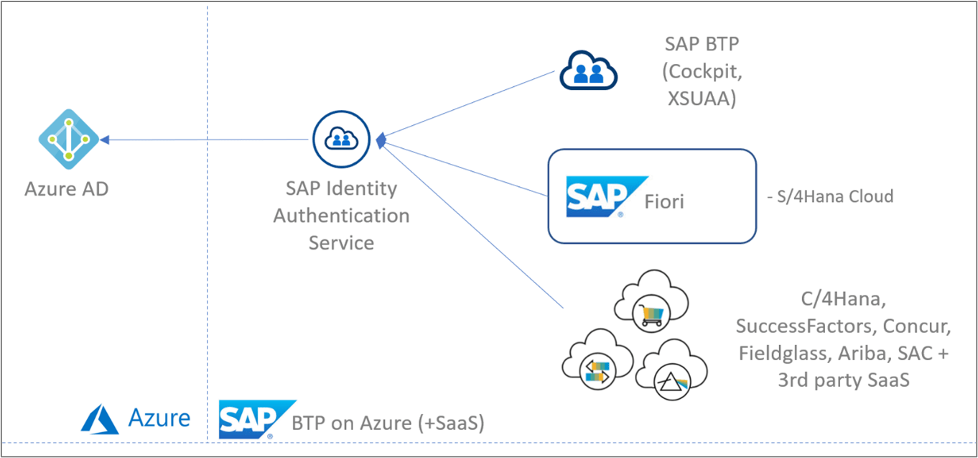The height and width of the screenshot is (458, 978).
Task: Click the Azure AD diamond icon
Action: (x=68, y=139)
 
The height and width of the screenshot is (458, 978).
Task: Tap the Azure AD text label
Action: (x=67, y=189)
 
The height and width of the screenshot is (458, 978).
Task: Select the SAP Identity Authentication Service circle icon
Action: (x=341, y=139)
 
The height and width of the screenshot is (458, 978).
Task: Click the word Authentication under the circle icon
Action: (x=341, y=215)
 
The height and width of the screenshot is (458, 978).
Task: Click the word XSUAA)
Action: (x=702, y=99)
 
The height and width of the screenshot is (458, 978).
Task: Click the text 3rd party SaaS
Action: (x=844, y=380)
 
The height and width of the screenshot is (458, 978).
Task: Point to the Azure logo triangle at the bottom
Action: (x=99, y=418)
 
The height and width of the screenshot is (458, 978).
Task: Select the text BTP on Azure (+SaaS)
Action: (x=388, y=423)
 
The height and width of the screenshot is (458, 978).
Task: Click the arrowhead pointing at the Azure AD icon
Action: (x=105, y=140)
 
